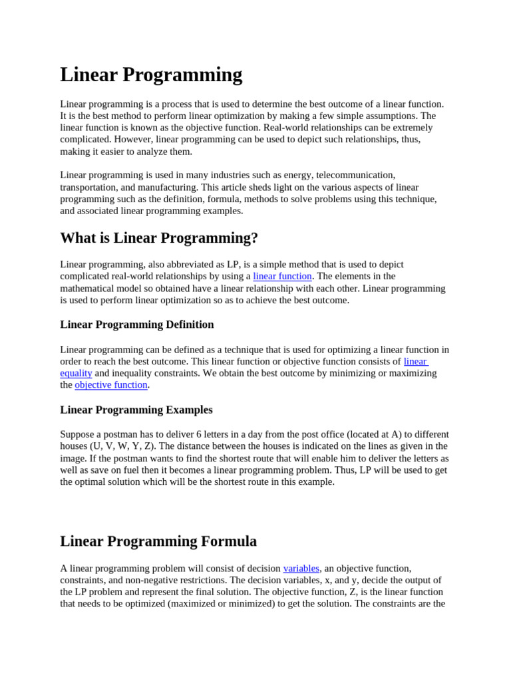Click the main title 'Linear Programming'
[151, 75]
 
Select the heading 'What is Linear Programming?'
[159, 238]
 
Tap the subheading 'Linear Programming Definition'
[137, 325]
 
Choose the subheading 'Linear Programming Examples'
[136, 410]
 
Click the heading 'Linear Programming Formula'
[158, 541]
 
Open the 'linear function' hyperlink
[282, 276]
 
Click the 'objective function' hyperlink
[111, 385]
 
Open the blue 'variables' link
[301, 569]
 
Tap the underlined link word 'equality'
[76, 373]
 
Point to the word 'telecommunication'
[355, 175]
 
